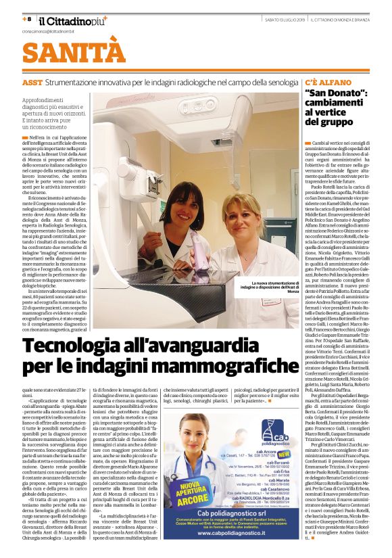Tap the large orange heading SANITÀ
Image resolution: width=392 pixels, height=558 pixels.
click(65, 52)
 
